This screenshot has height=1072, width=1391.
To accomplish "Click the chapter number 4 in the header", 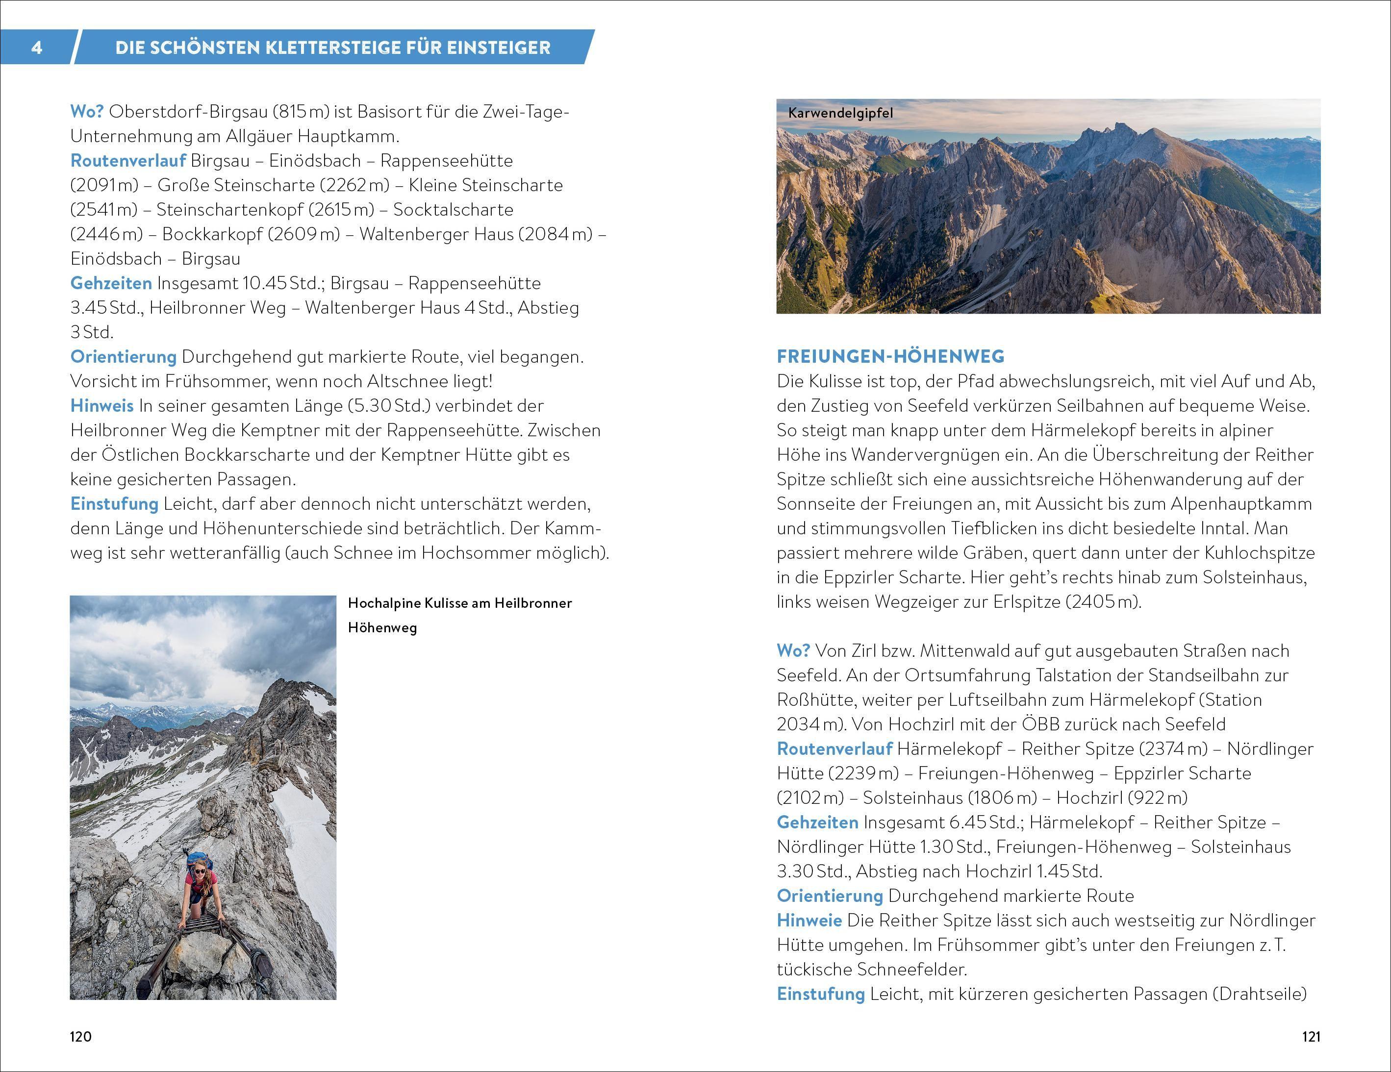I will click(37, 48).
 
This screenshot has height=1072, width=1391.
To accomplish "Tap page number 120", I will click(80, 1036).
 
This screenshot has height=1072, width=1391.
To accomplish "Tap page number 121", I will click(1311, 1036).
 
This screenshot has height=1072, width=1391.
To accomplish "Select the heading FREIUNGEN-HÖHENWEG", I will click(890, 356).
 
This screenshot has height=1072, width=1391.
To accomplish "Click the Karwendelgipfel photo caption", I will click(840, 113).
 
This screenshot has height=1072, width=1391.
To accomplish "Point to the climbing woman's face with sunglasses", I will click(200, 870).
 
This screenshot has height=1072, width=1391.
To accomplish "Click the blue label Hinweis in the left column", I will click(102, 405).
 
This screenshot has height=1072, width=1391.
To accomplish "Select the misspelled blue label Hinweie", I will click(809, 921).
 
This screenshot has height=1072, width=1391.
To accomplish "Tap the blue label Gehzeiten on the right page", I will click(817, 823).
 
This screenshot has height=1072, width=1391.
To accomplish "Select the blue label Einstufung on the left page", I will click(114, 503).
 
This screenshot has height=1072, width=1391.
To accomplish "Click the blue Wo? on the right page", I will click(793, 650).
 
